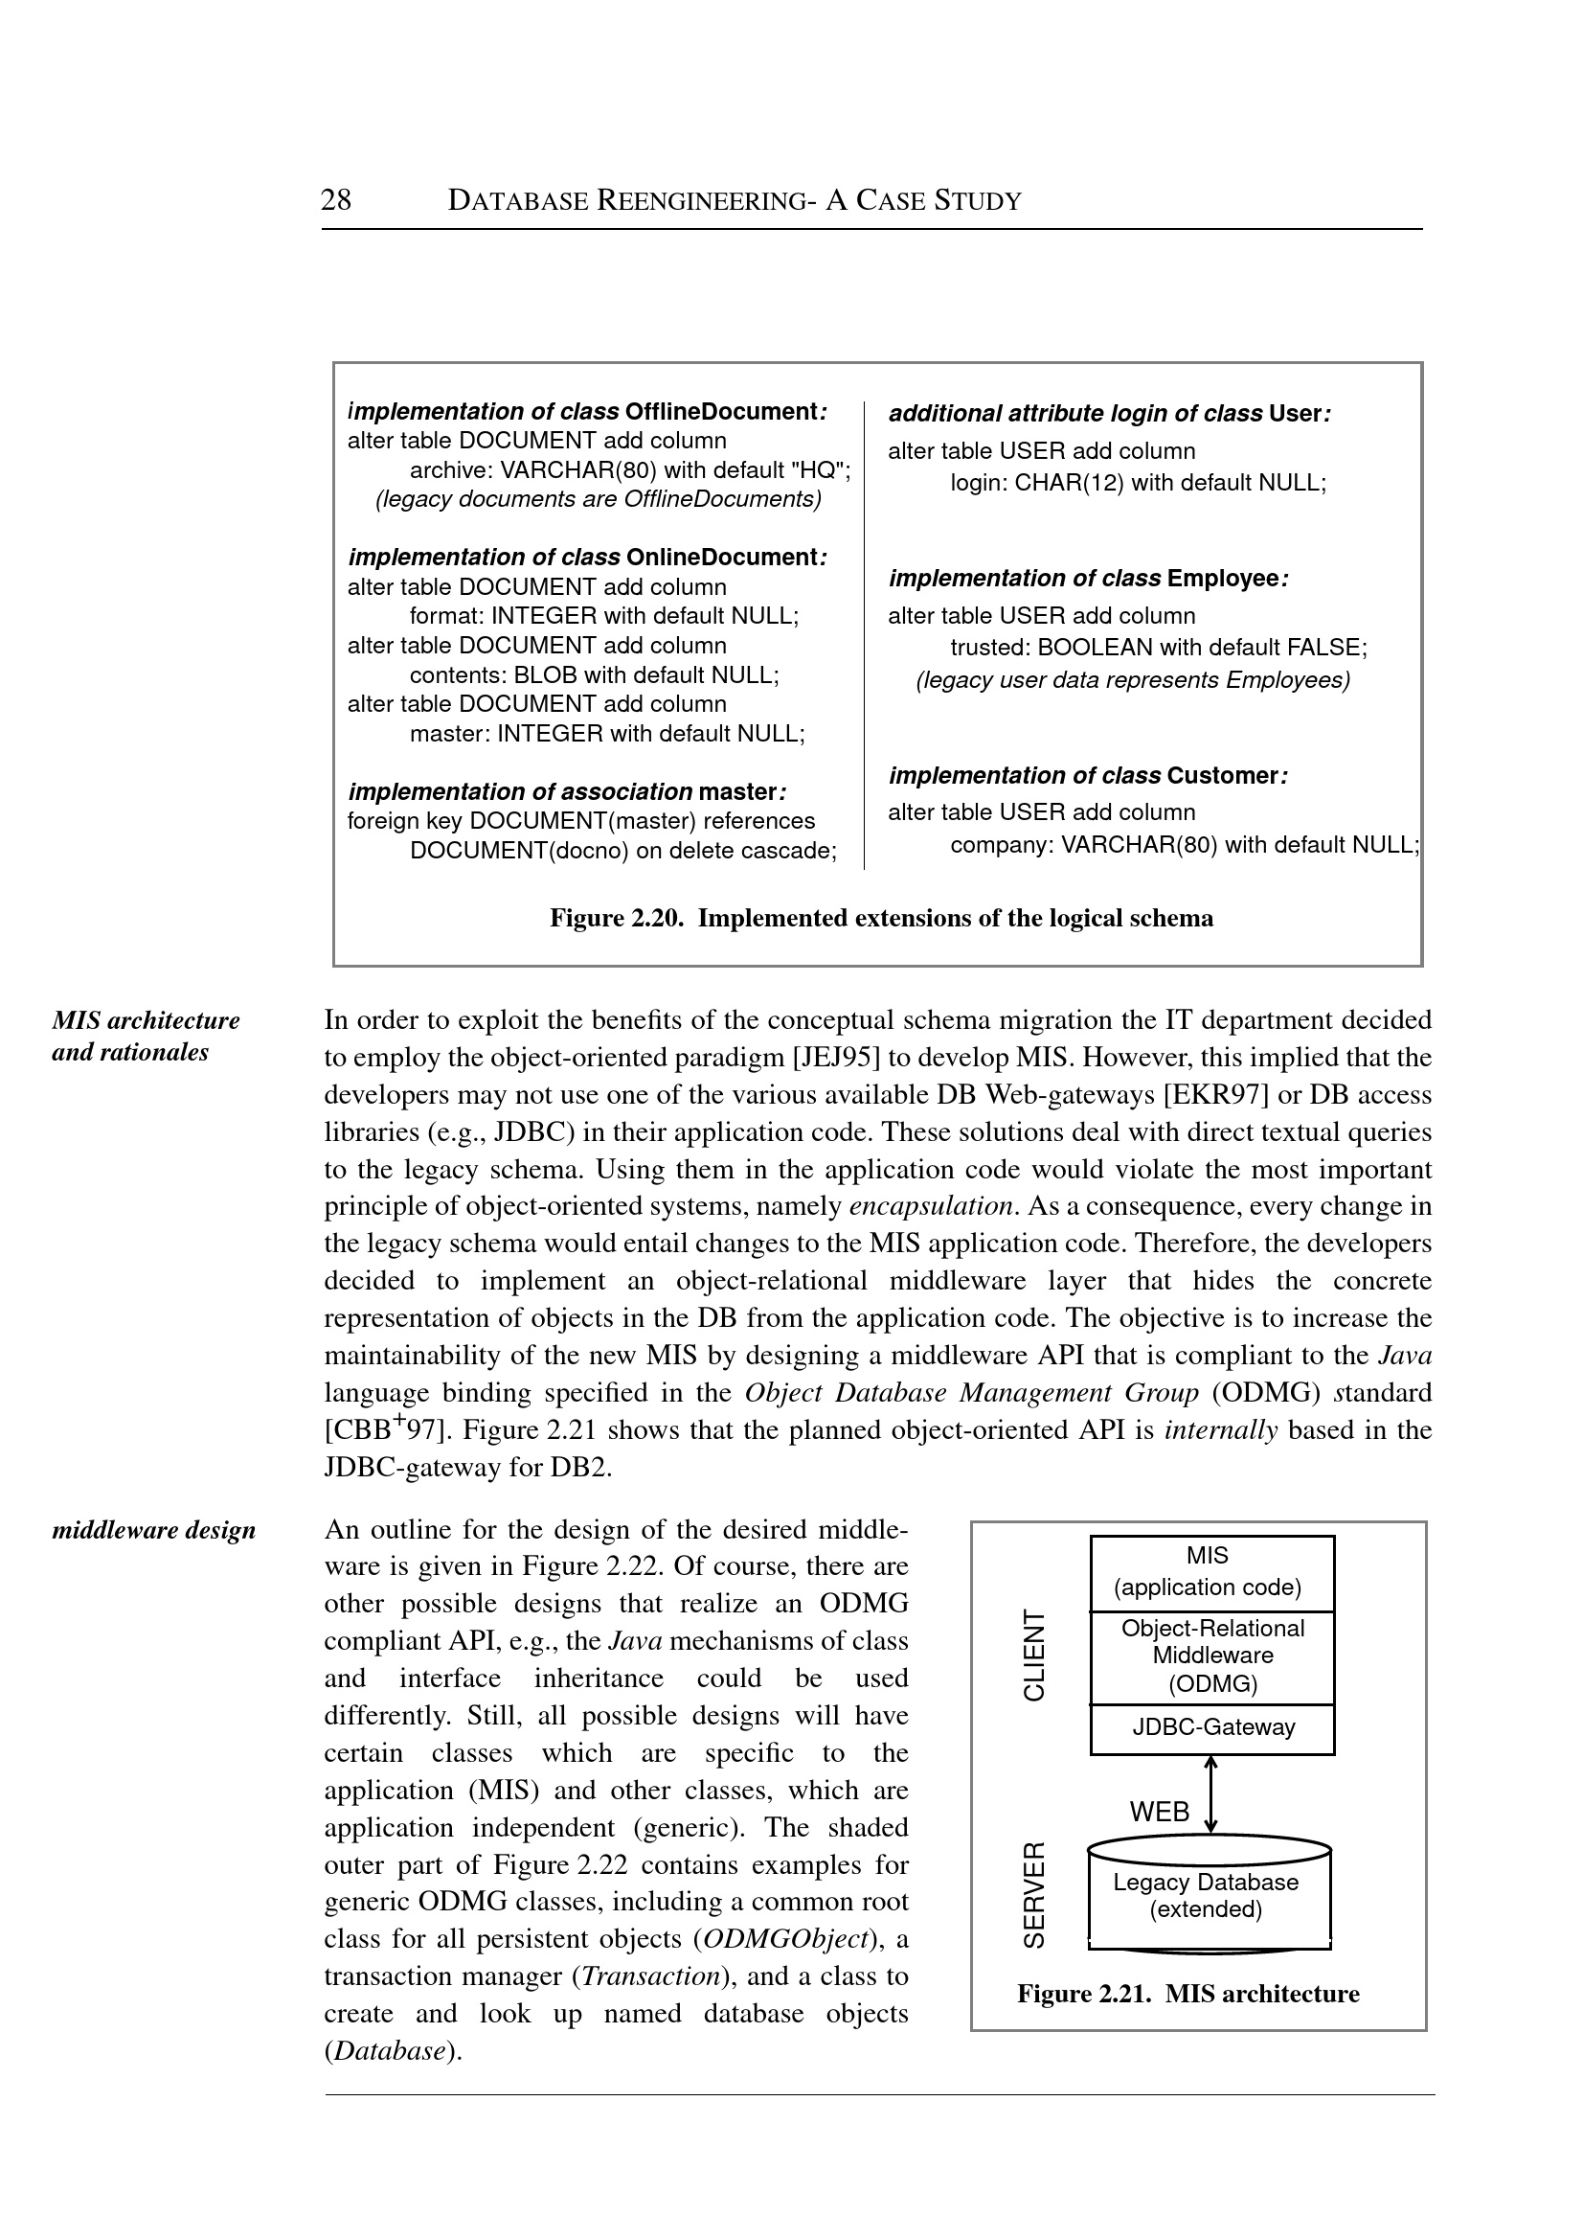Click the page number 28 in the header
point(335,200)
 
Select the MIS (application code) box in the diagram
point(1210,1571)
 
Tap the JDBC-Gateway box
point(1212,1727)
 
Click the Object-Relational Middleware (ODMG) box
point(1212,1655)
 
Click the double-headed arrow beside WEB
point(1210,1794)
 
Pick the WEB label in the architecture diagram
point(1159,1811)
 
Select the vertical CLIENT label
point(1033,1655)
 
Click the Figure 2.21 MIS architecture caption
point(1187,1994)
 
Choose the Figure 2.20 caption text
point(881,918)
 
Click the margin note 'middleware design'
point(153,1530)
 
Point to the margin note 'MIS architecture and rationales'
point(146,1036)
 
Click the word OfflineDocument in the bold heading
point(720,412)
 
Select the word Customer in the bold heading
point(1222,775)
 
